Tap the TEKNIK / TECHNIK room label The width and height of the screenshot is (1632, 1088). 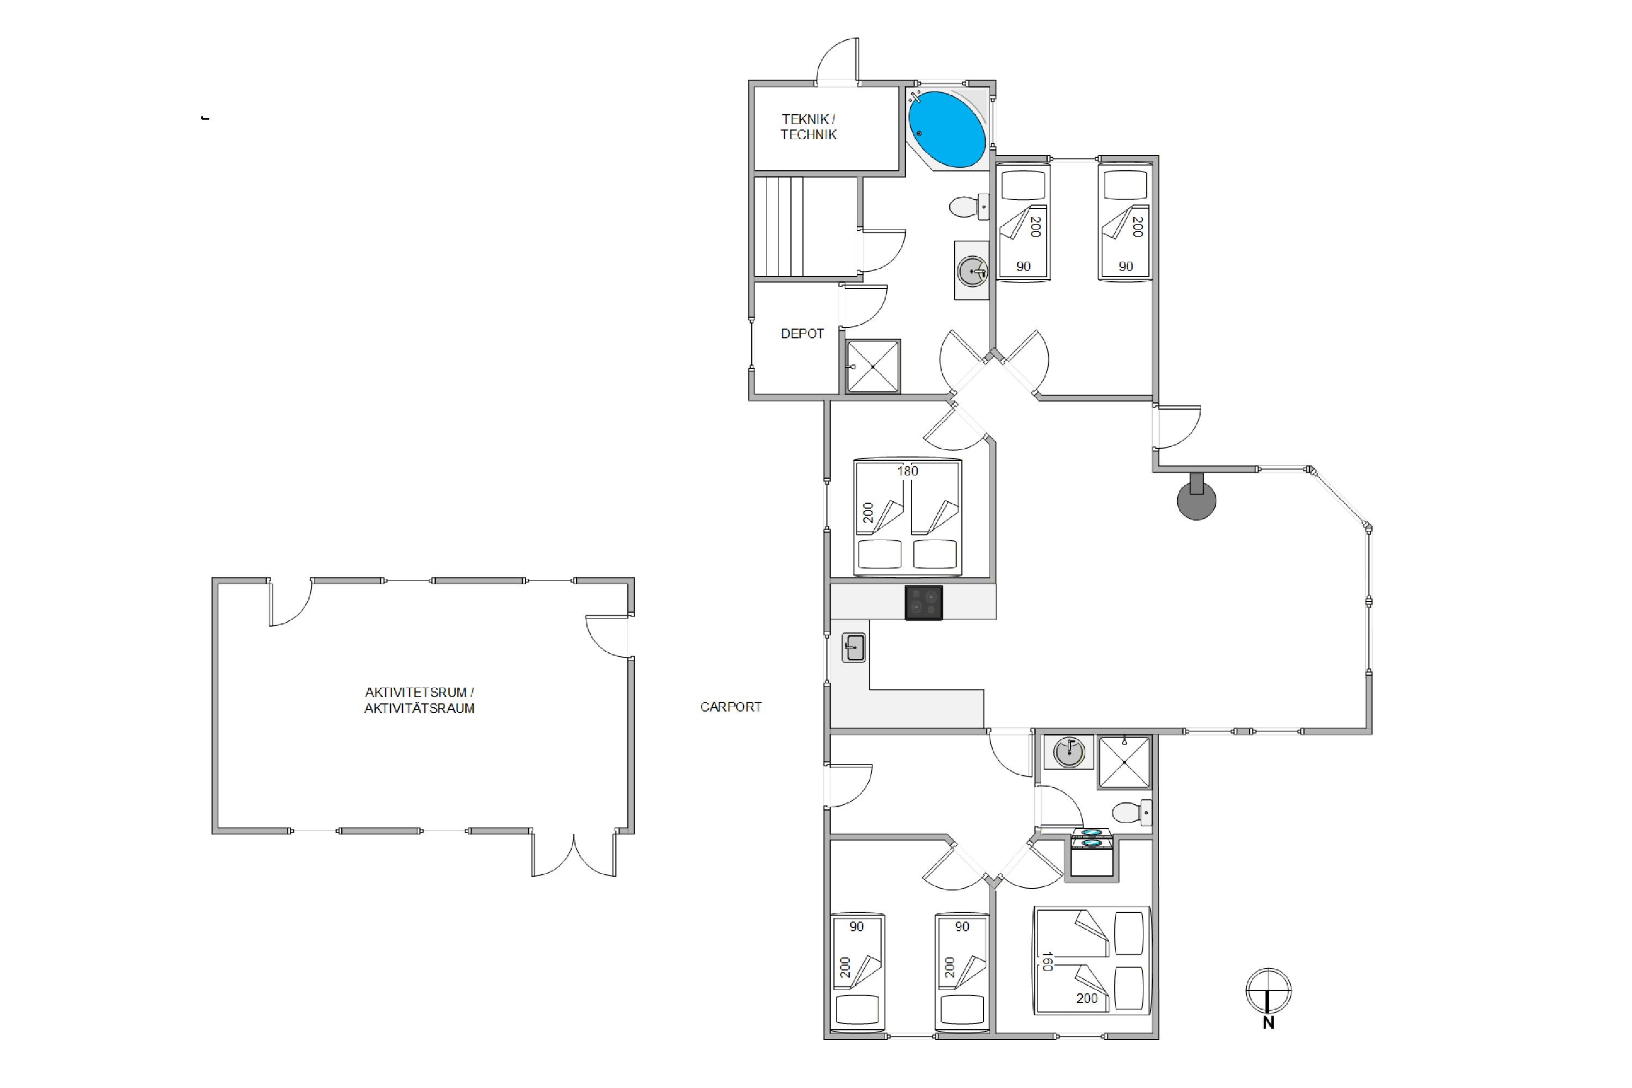[808, 127]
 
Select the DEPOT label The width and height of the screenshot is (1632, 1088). [802, 334]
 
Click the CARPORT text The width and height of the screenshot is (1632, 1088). [731, 707]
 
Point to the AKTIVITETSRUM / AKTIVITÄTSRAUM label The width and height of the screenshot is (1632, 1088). [420, 700]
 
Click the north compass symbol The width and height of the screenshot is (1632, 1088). [1269, 997]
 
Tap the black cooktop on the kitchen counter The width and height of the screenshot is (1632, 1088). [924, 602]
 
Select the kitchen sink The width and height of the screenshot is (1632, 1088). [854, 648]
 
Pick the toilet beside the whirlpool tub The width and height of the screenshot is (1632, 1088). [969, 207]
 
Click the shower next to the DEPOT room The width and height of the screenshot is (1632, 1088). [873, 366]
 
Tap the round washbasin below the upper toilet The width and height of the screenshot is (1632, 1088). [972, 270]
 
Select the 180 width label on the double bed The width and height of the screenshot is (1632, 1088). [907, 471]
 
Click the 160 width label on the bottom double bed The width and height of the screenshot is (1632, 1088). [1047, 961]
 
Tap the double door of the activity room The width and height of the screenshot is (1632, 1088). [574, 855]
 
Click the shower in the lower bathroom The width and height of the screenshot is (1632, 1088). [1124, 762]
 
